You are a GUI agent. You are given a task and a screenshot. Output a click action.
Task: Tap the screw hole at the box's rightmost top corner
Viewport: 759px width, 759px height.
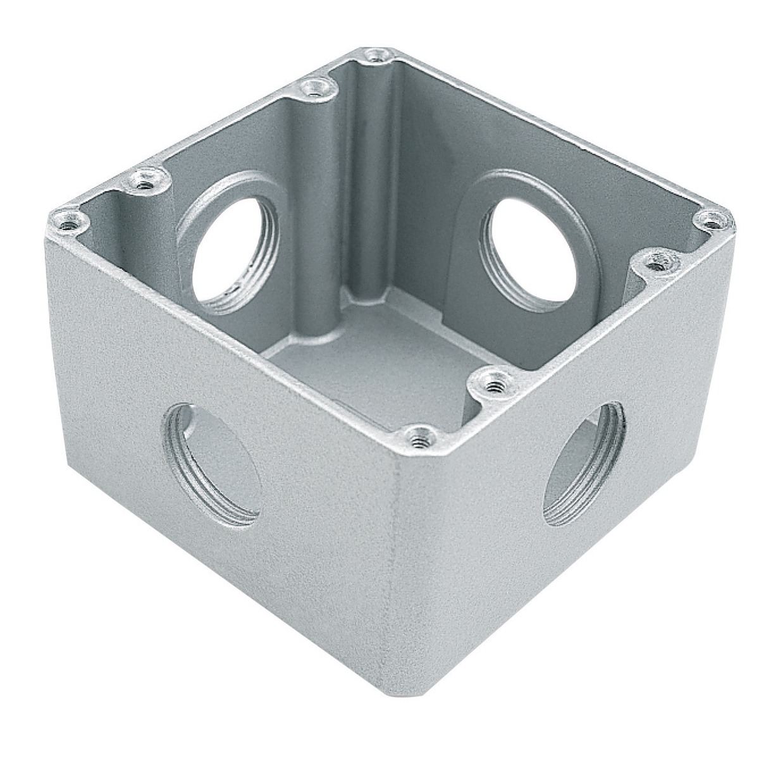pos(713,221)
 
